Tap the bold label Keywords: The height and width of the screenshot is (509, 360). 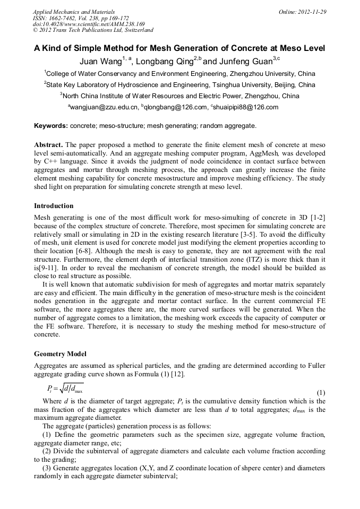pyautogui.click(x=51, y=126)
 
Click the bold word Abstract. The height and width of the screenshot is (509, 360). pyautogui.click(x=48, y=145)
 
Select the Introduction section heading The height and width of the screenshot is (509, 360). pyautogui.click(x=54, y=206)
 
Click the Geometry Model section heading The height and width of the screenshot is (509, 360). pyautogui.click(x=60, y=354)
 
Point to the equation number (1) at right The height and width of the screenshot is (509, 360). pyautogui.click(x=321, y=393)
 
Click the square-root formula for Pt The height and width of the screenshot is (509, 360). pyautogui.click(x=65, y=389)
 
